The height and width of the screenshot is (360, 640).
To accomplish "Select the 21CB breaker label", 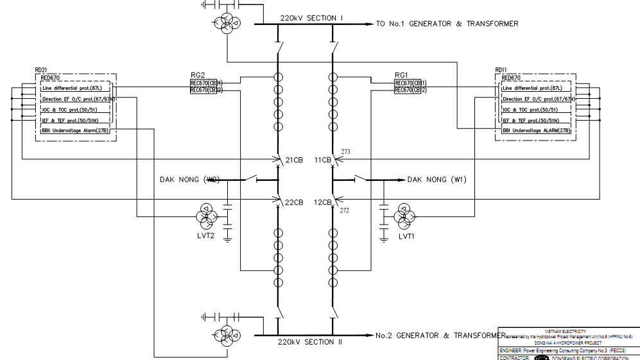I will pyautogui.click(x=294, y=160).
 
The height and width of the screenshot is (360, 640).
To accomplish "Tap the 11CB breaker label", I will pyautogui.click(x=322, y=160).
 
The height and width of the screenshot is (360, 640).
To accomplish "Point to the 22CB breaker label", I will pyautogui.click(x=294, y=202).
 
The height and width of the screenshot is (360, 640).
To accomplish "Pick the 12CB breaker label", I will pyautogui.click(x=322, y=202).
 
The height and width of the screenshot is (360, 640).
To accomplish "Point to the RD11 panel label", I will pyautogui.click(x=501, y=69).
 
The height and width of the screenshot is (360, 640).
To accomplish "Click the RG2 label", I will pyautogui.click(x=197, y=75).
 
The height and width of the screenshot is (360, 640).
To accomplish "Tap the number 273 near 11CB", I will pyautogui.click(x=345, y=152).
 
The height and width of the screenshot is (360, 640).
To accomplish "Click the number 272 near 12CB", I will pyautogui.click(x=344, y=210).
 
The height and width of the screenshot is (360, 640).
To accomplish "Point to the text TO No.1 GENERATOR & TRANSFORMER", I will pyautogui.click(x=447, y=24).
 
